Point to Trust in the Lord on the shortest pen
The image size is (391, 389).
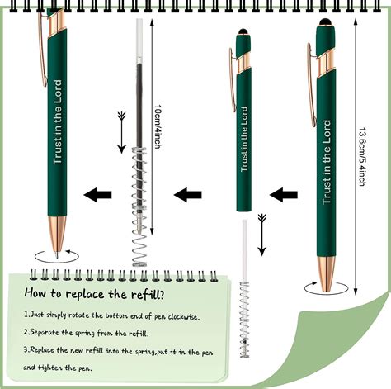pyautogui.click(x=244, y=145)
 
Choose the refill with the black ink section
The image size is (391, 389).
pyautogui.click(x=138, y=83)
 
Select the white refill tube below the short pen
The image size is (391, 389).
pyautogui.click(x=245, y=244)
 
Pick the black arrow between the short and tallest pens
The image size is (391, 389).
pyautogui.click(x=285, y=195)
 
